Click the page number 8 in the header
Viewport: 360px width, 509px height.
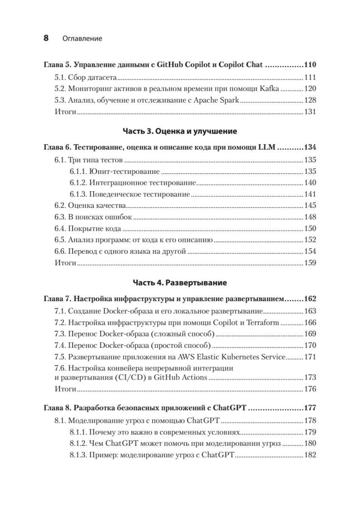pos(46,38)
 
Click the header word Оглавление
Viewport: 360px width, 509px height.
pos(82,39)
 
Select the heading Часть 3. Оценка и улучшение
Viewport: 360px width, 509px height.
pos(180,131)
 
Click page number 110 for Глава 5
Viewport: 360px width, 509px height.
pos(310,65)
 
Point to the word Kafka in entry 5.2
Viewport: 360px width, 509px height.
pos(270,89)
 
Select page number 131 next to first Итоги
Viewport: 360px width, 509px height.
pos(310,112)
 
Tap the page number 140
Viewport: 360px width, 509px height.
pos(310,183)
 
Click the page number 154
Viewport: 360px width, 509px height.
pos(310,252)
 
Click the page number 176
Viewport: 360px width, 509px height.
pos(310,389)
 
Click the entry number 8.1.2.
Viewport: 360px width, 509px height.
pos(78,444)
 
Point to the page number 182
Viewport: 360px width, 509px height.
pos(310,455)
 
